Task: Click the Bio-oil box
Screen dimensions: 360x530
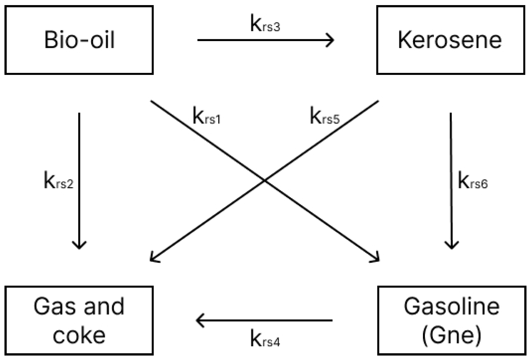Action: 79,40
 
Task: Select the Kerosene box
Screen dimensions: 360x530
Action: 450,40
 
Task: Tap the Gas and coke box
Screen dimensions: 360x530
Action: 79,320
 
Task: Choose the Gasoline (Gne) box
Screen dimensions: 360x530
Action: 451,320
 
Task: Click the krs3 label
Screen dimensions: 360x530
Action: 265,24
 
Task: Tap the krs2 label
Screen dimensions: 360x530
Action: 59,181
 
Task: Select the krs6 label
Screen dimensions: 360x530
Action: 472,181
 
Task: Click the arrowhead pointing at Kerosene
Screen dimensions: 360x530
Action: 331,40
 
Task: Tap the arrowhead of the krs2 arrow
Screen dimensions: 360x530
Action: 79,246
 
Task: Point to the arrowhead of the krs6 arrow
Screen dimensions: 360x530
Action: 451,246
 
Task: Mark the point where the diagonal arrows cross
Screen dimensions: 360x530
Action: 265,181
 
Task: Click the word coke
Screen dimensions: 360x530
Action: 79,335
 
